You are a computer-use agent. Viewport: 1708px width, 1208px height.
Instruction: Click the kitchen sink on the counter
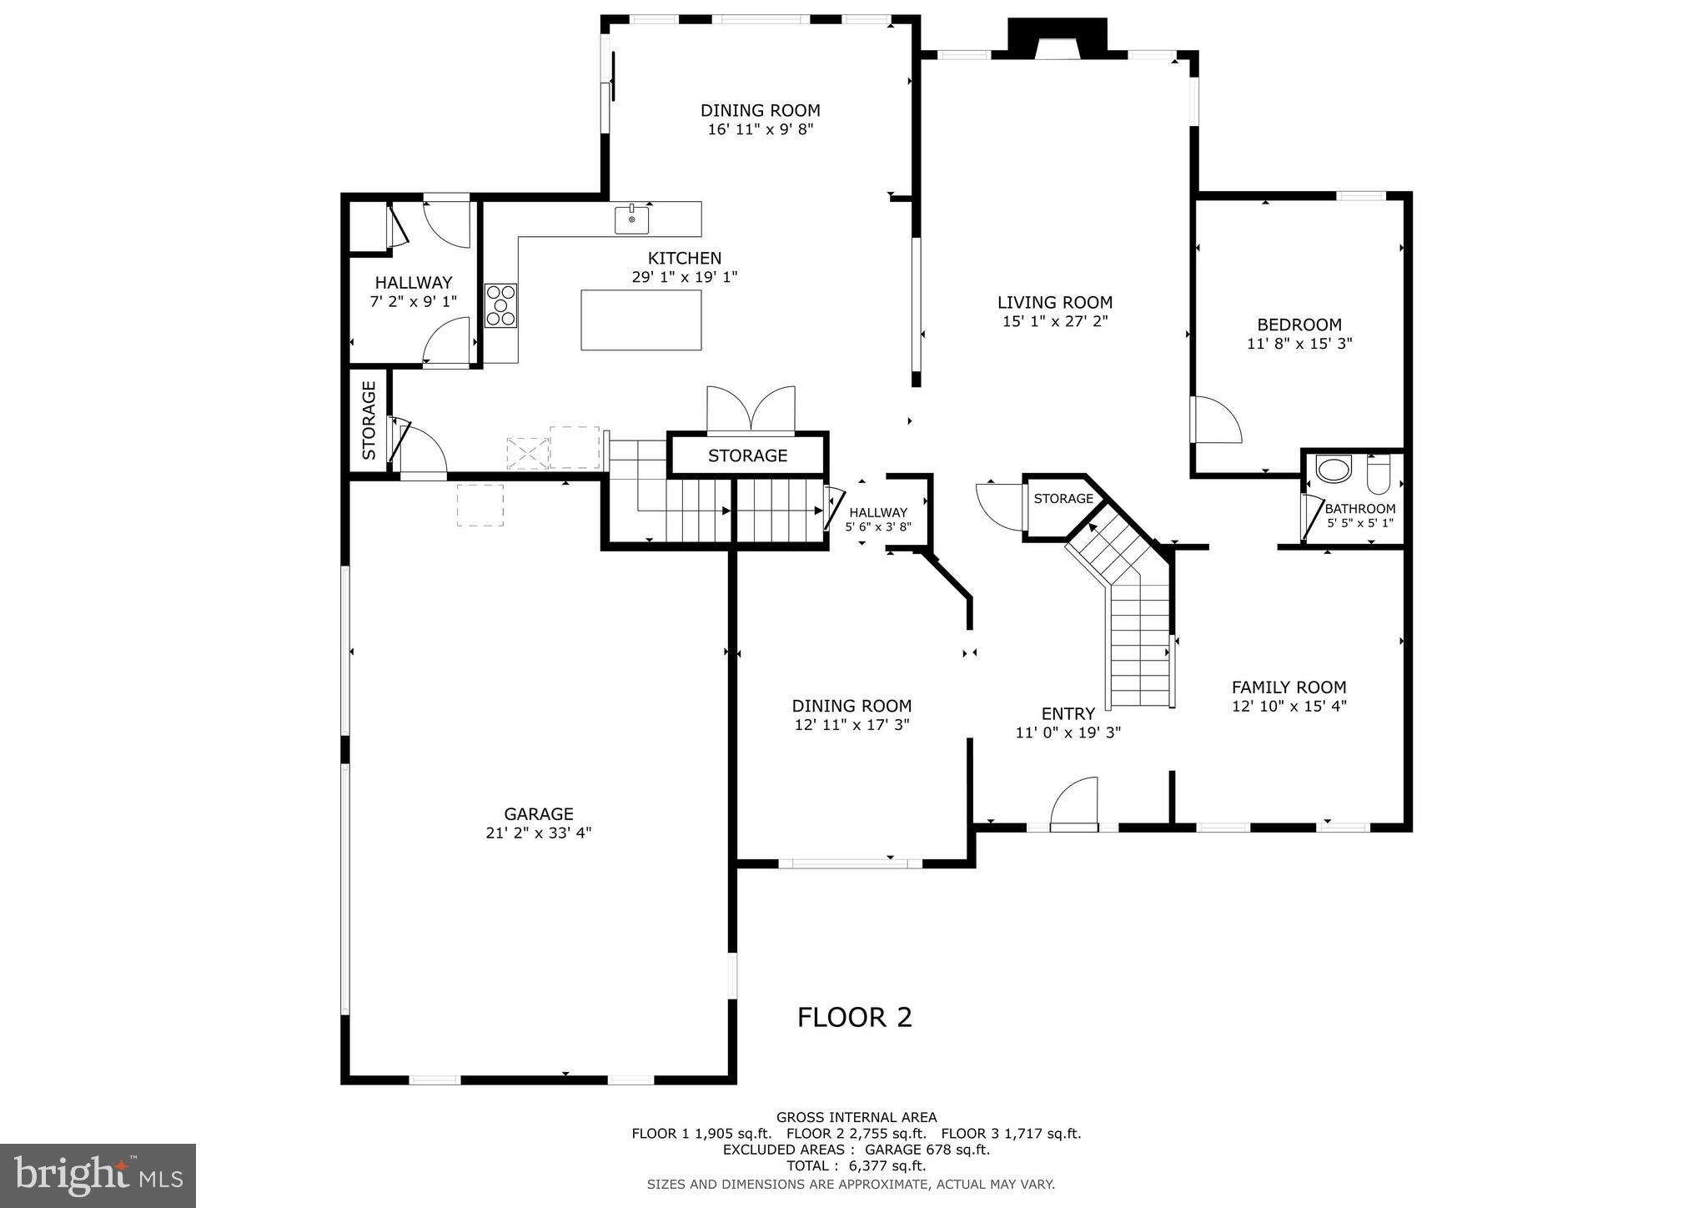pyautogui.click(x=631, y=220)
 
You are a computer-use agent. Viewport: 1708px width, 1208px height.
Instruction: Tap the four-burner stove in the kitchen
pyautogui.click(x=501, y=306)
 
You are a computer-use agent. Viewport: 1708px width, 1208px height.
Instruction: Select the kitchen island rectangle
pyautogui.click(x=640, y=320)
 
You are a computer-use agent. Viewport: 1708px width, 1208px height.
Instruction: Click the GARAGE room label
pyautogui.click(x=538, y=813)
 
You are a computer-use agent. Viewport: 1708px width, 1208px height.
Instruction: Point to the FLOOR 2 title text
pyautogui.click(x=854, y=1017)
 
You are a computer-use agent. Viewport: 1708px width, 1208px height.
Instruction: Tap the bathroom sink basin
pyautogui.click(x=1333, y=469)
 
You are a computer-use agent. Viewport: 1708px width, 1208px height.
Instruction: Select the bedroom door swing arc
pyautogui.click(x=1218, y=420)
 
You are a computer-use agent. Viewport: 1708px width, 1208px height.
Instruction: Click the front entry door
pyautogui.click(x=1074, y=805)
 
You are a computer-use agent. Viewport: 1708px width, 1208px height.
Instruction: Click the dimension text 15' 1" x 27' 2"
pyautogui.click(x=1055, y=321)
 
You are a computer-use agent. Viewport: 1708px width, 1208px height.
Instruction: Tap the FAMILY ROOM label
pyautogui.click(x=1289, y=687)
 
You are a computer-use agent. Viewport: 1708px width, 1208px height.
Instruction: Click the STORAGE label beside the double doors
pyautogui.click(x=747, y=456)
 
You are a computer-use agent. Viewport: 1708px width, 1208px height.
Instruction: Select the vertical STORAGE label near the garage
pyautogui.click(x=369, y=420)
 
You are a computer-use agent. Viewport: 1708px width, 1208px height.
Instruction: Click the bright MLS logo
pyautogui.click(x=98, y=1175)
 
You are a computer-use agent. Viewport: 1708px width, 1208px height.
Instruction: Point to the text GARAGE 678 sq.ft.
pyautogui.click(x=927, y=1150)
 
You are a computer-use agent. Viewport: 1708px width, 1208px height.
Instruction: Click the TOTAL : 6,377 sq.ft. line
pyautogui.click(x=856, y=1166)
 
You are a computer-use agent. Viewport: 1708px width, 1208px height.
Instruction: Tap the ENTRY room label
pyautogui.click(x=1067, y=714)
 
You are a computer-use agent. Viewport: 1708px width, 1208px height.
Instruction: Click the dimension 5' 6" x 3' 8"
pyautogui.click(x=877, y=527)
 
